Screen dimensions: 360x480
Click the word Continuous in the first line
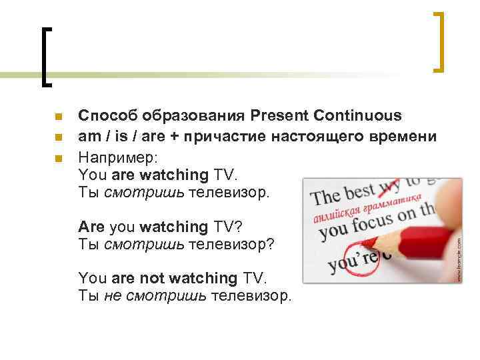tap(359, 115)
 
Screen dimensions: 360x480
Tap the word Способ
tap(105, 115)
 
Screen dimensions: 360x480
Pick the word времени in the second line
tap(403, 137)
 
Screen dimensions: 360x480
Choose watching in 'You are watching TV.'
tap(174, 175)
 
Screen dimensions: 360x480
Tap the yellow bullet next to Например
tap(58, 159)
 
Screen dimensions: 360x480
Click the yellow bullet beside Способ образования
tap(58, 116)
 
